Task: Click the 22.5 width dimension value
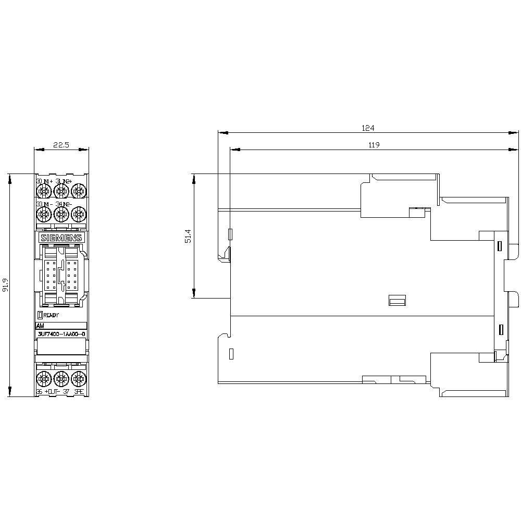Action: pyautogui.click(x=61, y=145)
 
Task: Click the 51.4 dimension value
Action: pyautogui.click(x=188, y=237)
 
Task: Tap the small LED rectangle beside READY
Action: pyautogui.click(x=40, y=315)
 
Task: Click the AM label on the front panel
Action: pyautogui.click(x=40, y=325)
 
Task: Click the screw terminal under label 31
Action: pyautogui.click(x=61, y=191)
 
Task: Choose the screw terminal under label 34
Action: pyautogui.click(x=61, y=214)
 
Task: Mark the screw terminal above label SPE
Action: pyautogui.click(x=78, y=377)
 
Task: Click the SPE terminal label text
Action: pyautogui.click(x=79, y=391)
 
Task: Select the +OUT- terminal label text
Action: pyautogui.click(x=54, y=391)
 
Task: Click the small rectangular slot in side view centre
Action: pyautogui.click(x=398, y=300)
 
